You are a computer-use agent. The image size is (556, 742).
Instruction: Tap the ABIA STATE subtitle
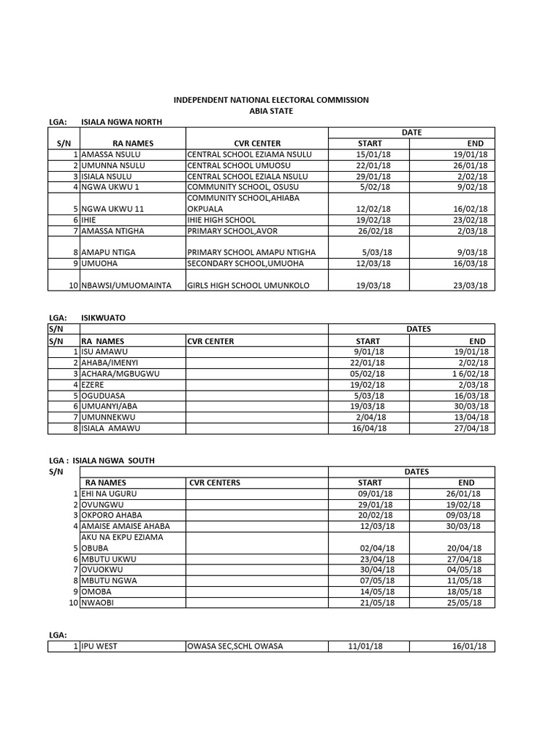pyautogui.click(x=271, y=110)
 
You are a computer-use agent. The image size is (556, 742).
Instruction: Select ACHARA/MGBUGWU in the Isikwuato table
pyautogui.click(x=119, y=373)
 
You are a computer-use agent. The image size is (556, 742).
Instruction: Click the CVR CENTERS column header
pyautogui.click(x=214, y=483)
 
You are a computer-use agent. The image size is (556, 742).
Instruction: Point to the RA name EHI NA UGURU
pyautogui.click(x=109, y=493)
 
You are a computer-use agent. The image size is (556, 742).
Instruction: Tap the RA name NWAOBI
pyautogui.click(x=99, y=602)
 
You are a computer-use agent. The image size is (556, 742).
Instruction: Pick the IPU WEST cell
pyautogui.click(x=101, y=646)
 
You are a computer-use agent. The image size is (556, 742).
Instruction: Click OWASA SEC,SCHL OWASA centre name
pyautogui.click(x=235, y=646)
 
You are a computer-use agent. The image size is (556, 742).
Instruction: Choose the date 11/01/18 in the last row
pyautogui.click(x=366, y=646)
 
